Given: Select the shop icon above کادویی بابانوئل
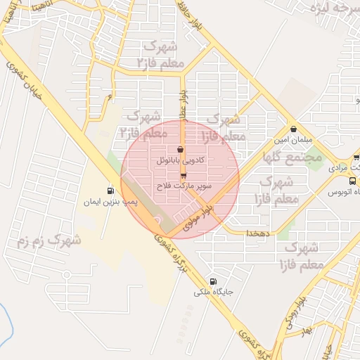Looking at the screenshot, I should click(181, 149).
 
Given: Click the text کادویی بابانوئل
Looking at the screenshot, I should click(181, 160).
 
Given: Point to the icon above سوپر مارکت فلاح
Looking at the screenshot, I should click(184, 176).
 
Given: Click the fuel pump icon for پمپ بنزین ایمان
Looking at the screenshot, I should click(110, 191).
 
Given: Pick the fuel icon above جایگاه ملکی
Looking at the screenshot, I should click(213, 281).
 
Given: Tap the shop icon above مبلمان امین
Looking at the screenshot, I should click(293, 129).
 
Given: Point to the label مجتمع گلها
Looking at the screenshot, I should click(293, 157).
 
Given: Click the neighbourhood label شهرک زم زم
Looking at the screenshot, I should click(49, 242).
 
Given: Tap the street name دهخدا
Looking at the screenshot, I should click(257, 232).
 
